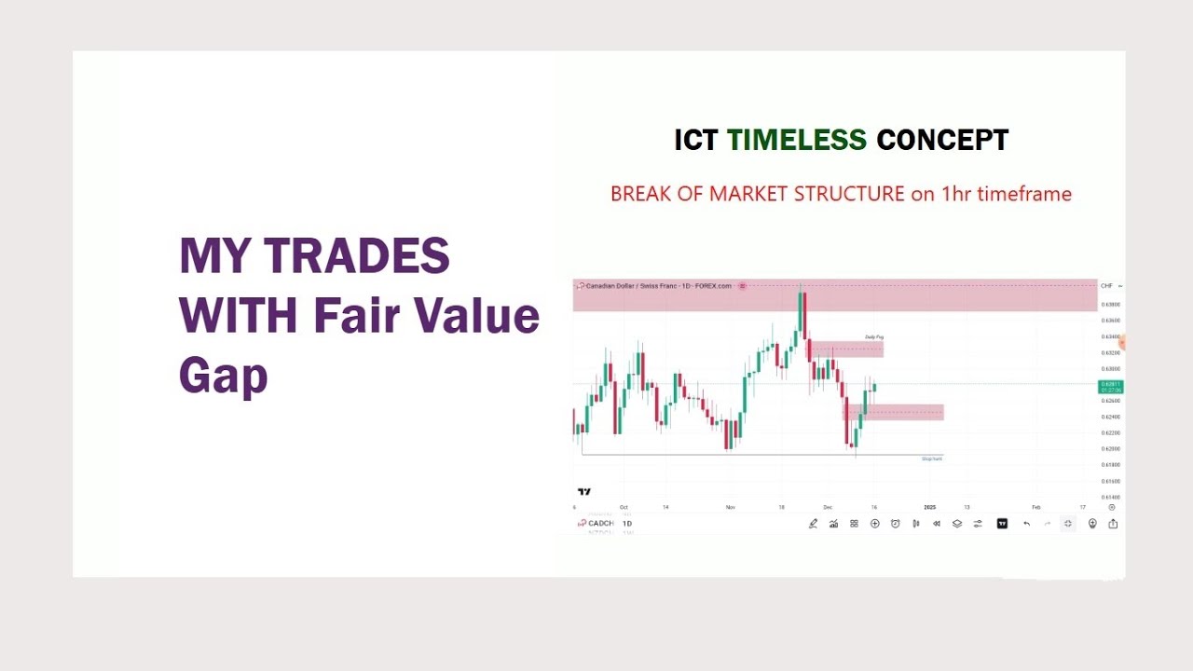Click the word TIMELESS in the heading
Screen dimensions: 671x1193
coord(796,140)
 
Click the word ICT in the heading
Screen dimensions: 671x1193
coord(696,140)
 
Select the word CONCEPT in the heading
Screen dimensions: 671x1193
coord(942,140)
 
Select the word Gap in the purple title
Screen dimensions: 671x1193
coord(223,375)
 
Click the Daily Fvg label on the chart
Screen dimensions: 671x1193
coord(873,336)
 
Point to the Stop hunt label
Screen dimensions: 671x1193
coord(931,459)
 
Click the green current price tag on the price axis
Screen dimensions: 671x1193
coord(1111,386)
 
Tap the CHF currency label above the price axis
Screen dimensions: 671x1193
coord(1107,286)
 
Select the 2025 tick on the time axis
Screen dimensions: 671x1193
coord(929,507)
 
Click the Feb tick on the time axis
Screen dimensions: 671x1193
coord(1035,507)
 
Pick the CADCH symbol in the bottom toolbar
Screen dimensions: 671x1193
coord(600,524)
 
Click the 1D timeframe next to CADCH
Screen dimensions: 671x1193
coord(627,524)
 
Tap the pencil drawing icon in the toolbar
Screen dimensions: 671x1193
coord(813,524)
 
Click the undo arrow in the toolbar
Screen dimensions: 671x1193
coord(1026,524)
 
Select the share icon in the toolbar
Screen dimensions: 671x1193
coord(1113,524)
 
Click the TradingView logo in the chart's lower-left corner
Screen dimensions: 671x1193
coord(584,491)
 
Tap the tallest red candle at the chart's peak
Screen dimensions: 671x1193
coord(803,312)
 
